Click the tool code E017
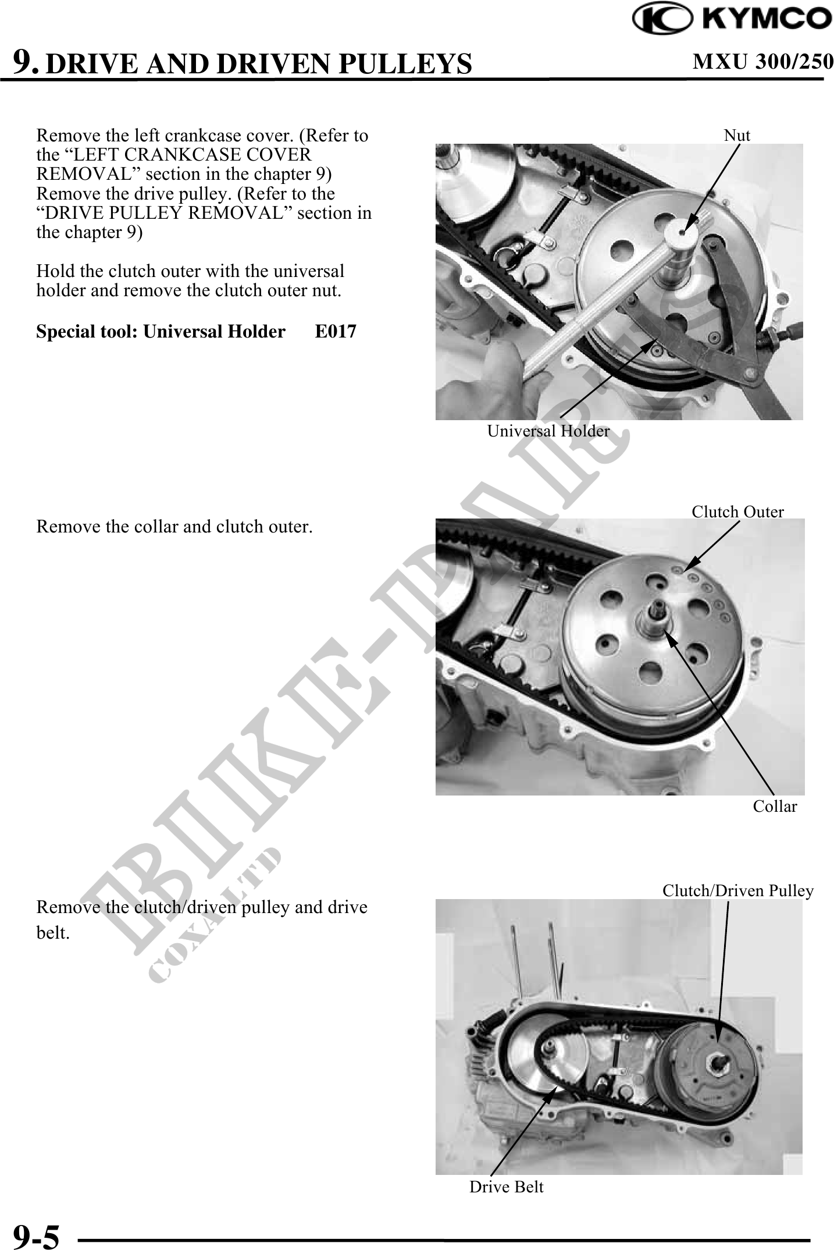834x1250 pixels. click(x=336, y=331)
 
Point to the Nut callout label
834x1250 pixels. click(x=737, y=135)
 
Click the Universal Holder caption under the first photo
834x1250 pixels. click(x=548, y=431)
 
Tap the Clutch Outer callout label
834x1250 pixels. click(x=737, y=512)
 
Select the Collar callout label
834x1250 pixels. click(x=775, y=806)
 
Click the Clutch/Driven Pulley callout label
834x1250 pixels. click(x=738, y=890)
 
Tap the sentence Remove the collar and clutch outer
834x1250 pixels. click(x=174, y=527)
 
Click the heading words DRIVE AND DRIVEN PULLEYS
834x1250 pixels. click(x=258, y=63)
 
